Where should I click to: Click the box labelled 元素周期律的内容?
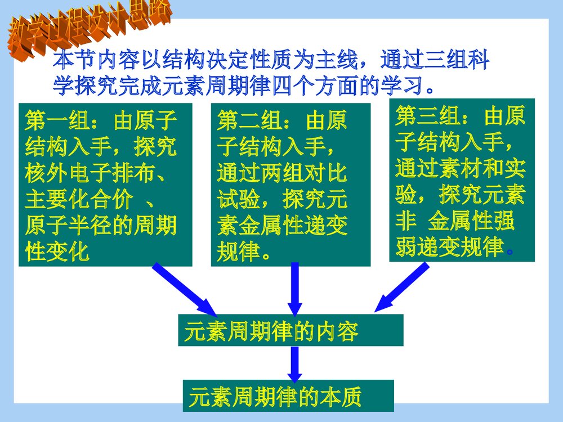pos(290,330)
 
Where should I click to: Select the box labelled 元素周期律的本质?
pos(288,396)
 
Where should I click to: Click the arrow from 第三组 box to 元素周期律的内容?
pos(402,287)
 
